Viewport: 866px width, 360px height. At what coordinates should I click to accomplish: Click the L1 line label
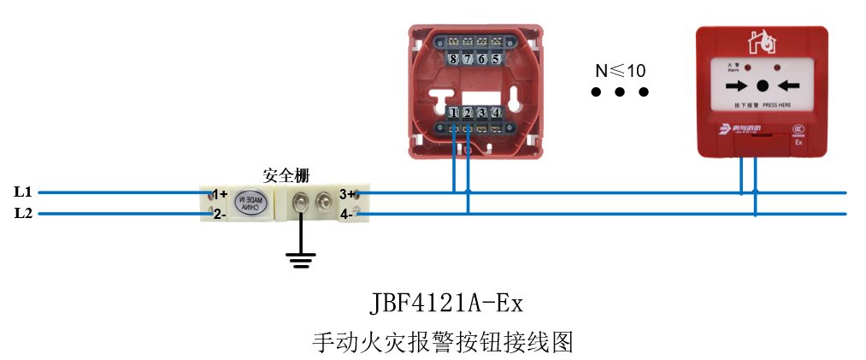click(x=23, y=192)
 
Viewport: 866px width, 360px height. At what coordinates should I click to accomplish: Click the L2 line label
click(x=23, y=213)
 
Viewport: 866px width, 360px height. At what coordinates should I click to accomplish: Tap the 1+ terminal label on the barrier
click(x=220, y=194)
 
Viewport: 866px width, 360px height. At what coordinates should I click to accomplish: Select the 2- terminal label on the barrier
click(x=220, y=214)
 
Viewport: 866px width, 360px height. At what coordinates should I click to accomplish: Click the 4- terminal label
click(x=346, y=215)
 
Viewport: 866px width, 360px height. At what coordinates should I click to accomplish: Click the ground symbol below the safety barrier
click(x=300, y=260)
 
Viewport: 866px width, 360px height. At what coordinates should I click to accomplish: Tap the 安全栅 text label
click(x=286, y=175)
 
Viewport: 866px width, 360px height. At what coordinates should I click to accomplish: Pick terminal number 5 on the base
click(x=496, y=59)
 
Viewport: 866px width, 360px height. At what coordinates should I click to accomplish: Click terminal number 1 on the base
click(x=453, y=112)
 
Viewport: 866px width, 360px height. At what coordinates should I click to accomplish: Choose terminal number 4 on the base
click(x=496, y=112)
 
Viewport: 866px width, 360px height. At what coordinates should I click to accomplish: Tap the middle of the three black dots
click(x=621, y=91)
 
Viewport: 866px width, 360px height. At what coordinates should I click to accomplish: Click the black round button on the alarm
click(x=762, y=86)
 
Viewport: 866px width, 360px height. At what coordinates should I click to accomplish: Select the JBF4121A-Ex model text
click(x=445, y=304)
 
